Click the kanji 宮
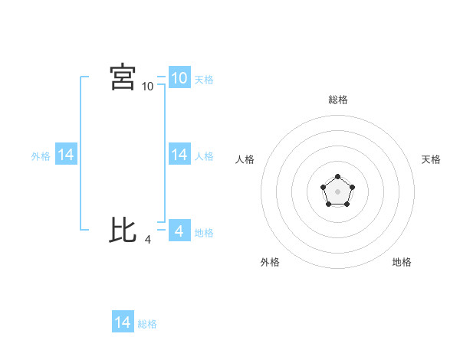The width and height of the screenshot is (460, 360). (123, 77)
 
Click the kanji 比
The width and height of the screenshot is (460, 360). (123, 230)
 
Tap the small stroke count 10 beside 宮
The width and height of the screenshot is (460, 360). (148, 87)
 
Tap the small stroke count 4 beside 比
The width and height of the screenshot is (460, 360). (148, 240)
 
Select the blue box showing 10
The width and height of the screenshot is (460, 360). (179, 77)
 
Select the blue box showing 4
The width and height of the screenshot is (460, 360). (179, 231)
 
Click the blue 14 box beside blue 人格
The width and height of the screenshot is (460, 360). (179, 154)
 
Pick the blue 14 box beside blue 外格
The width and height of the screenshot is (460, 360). (66, 154)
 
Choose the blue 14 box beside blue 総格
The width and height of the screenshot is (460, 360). (123, 322)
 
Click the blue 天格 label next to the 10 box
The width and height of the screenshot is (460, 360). (204, 79)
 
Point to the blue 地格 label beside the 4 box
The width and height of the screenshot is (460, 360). (204, 232)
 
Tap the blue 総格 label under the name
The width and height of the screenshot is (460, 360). (147, 324)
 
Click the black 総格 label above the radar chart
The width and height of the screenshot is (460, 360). (337, 100)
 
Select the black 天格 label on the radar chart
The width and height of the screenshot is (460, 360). (431, 159)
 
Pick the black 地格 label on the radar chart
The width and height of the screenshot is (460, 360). (402, 262)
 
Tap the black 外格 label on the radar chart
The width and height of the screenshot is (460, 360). (270, 262)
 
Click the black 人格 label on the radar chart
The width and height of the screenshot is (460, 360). (245, 159)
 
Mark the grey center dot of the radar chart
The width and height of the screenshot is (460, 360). (337, 191)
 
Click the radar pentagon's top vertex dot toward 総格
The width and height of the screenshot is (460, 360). (337, 178)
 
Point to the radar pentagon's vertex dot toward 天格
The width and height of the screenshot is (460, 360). (351, 187)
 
